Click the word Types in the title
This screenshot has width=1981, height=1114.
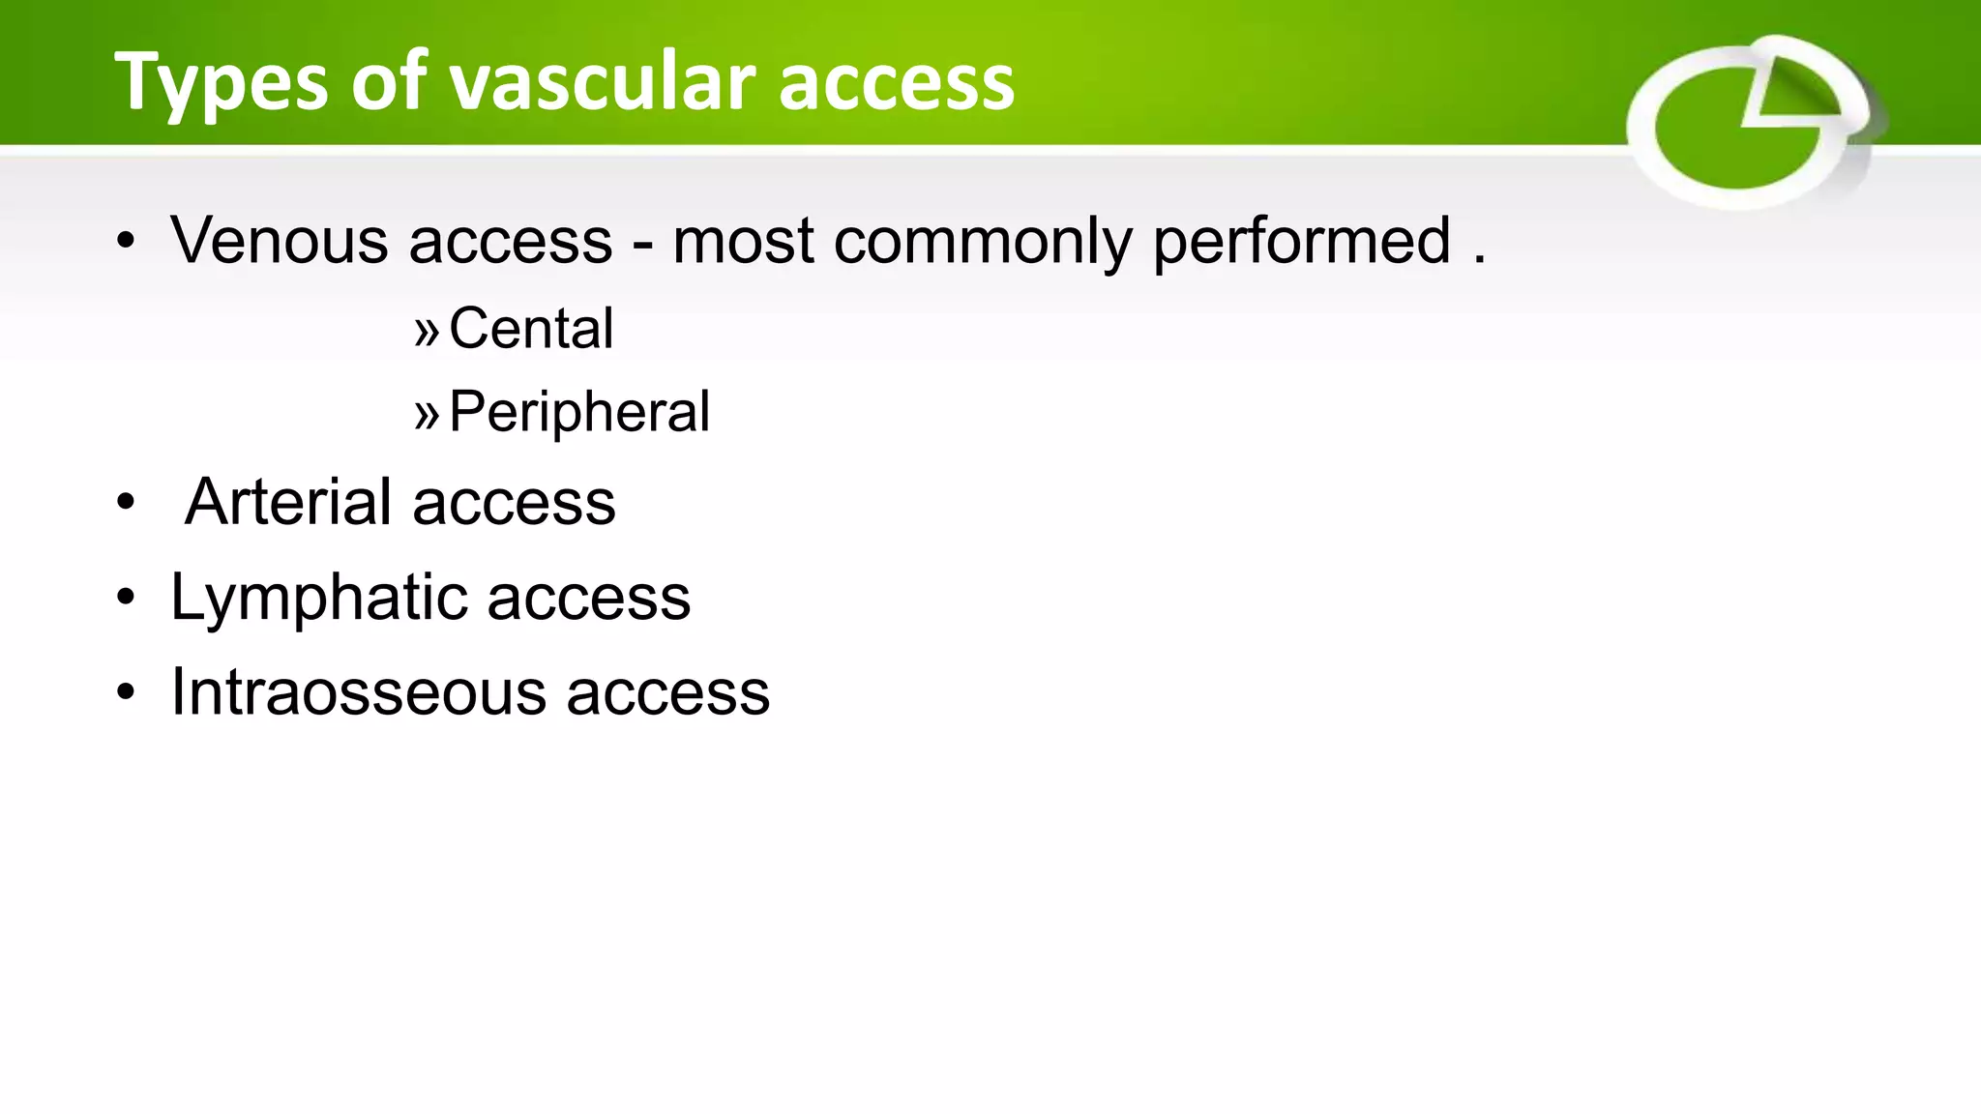coord(222,83)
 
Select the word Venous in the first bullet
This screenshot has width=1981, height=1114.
coord(280,240)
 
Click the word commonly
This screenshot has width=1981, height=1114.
coord(983,242)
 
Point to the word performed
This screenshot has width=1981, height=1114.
coord(1302,242)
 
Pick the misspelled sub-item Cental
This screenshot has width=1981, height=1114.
coord(531,328)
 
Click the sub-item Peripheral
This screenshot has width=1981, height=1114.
coord(579,412)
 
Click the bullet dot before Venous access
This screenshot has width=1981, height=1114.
coord(126,242)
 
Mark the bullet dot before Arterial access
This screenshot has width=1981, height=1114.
coord(126,504)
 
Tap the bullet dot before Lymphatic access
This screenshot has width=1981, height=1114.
coord(126,599)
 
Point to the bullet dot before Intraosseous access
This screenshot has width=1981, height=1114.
coord(126,693)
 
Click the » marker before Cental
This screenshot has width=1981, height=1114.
coord(427,332)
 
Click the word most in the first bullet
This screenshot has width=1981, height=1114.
coord(743,242)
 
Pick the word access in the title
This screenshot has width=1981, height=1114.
coord(897,83)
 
